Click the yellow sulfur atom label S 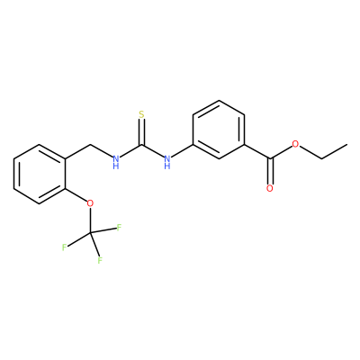pos(142,114)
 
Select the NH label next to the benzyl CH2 pos(116,161)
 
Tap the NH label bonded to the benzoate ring pos(167,161)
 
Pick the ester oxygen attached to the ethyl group pos(296,144)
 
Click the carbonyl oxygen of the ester pos(270,189)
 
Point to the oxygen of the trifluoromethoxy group pos(90,203)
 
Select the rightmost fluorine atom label pos(119,228)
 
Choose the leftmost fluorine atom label pos(64,247)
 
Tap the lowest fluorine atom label pos(100,260)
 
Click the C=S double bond pos(142,132)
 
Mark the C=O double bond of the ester pos(271,171)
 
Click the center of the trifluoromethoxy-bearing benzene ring pos(40,175)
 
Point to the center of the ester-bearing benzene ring pos(220,130)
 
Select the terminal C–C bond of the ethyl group pos(335,151)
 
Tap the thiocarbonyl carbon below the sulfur pos(142,145)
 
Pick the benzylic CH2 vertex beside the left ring pos(90,145)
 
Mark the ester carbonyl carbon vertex pos(271,158)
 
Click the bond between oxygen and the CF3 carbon pos(90,220)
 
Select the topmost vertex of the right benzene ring pos(220,101)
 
